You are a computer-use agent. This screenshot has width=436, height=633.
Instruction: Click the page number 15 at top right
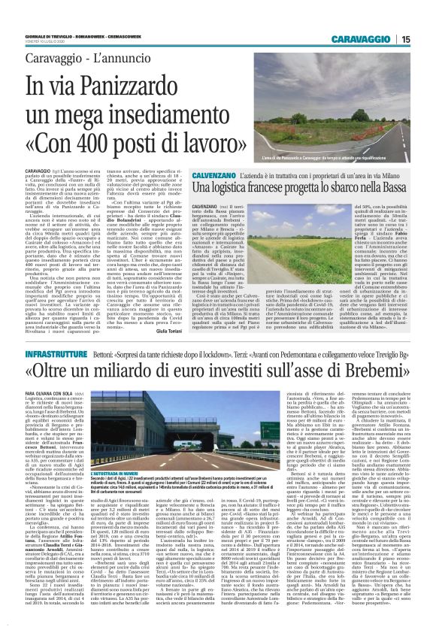point(425,38)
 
